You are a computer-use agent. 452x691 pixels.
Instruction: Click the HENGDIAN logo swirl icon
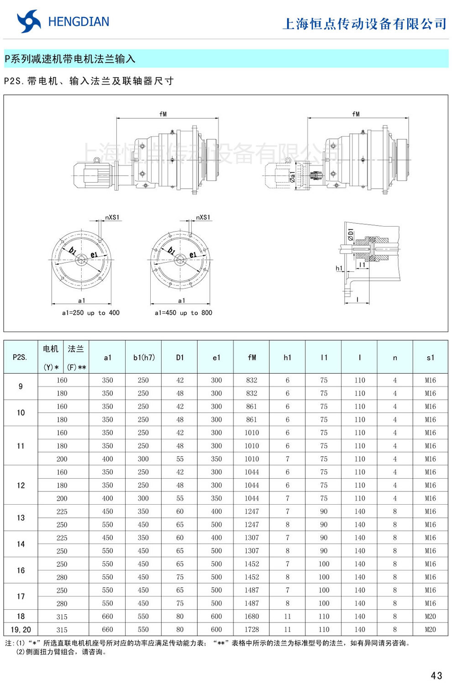28,21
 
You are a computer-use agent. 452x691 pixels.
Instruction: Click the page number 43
436,675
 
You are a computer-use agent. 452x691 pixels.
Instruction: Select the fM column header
252,358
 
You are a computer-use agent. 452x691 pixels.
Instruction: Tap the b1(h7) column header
144,358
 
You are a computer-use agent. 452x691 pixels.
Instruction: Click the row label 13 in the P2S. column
21,518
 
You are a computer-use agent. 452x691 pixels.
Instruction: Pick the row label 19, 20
21,629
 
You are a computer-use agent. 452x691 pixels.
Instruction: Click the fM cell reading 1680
252,617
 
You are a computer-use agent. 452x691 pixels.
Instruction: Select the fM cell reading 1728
252,629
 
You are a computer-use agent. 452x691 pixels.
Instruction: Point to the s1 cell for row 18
430,617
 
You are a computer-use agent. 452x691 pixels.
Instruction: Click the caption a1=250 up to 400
90,313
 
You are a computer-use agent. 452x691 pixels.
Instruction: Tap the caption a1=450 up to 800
183,313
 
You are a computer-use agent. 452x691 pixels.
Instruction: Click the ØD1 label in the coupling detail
350,235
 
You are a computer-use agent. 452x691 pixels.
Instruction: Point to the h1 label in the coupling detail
339,269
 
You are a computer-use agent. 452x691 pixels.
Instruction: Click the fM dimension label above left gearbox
163,114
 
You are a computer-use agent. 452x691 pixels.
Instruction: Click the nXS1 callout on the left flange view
112,217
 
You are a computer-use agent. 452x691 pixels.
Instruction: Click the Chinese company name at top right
364,24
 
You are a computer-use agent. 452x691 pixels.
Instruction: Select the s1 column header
430,358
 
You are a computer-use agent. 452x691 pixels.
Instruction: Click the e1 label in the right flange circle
193,255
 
